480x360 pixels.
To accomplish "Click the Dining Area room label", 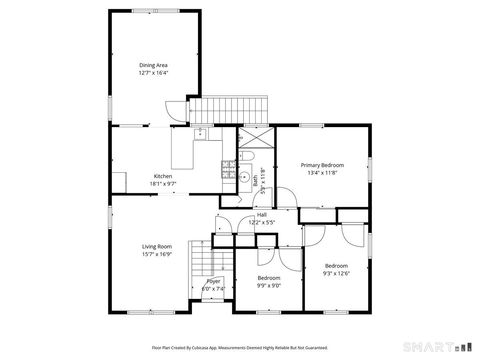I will [153, 65].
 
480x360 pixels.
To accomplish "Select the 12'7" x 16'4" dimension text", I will [153, 73].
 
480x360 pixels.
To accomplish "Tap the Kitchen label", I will [162, 176].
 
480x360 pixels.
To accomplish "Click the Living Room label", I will [157, 246].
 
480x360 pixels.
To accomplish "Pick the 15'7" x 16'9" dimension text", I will [157, 254].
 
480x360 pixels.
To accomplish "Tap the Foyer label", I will [214, 282].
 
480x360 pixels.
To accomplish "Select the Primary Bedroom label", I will [323, 164].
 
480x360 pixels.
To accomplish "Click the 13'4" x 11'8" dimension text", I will [323, 172].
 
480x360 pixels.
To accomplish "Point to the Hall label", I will [261, 214].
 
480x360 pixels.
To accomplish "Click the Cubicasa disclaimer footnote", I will [240, 347].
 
